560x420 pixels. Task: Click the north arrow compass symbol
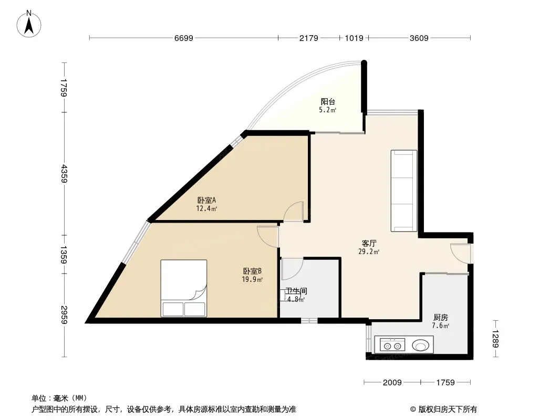[x=29, y=24]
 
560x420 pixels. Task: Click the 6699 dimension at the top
[x=183, y=38]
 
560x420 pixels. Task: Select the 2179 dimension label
[x=308, y=38]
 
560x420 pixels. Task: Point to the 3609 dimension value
[x=419, y=38]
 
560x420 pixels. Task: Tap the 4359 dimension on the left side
[x=64, y=173]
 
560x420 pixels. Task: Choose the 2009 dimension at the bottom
[x=392, y=383]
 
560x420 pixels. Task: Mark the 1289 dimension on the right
[x=495, y=339]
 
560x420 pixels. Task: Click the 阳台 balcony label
[x=328, y=102]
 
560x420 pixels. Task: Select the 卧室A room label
[x=206, y=200]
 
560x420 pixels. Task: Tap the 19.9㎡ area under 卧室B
[x=252, y=279]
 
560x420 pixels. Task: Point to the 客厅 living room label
[x=369, y=244]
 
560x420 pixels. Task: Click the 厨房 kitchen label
[x=440, y=317]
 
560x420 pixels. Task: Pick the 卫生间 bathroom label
[x=296, y=291]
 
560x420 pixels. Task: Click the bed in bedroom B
[x=183, y=288]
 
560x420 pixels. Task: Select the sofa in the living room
[x=404, y=191]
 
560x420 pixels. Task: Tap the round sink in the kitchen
[x=421, y=345]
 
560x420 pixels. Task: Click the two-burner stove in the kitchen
[x=392, y=345]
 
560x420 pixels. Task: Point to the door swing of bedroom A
[x=293, y=212]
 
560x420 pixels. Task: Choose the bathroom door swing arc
[x=292, y=269]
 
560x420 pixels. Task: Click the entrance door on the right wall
[x=460, y=254]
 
